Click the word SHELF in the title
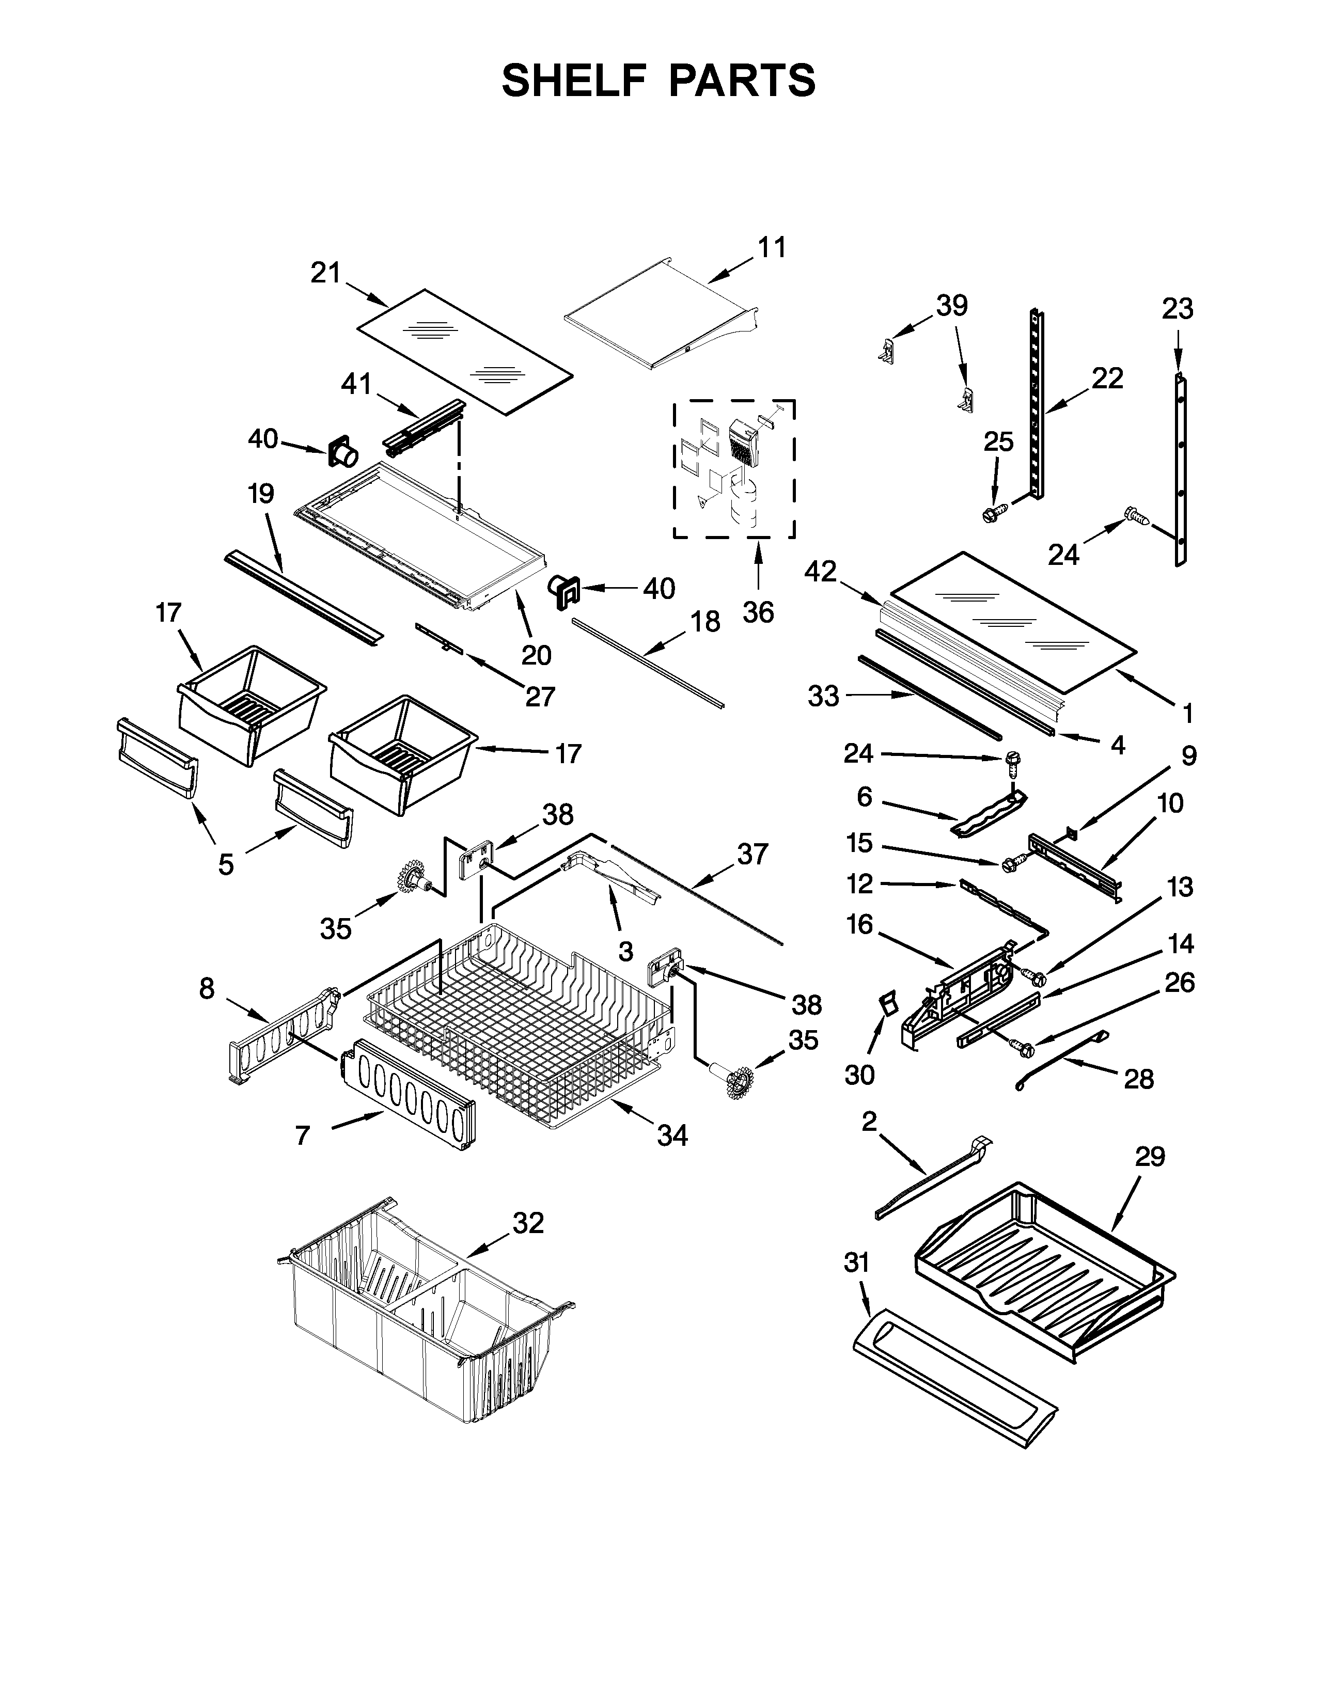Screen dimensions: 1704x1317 pos(573,81)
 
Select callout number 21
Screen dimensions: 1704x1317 pos(326,273)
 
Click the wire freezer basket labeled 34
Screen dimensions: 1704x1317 pos(515,1022)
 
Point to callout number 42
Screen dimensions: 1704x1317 pos(820,572)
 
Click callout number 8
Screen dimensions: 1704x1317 pos(206,989)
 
